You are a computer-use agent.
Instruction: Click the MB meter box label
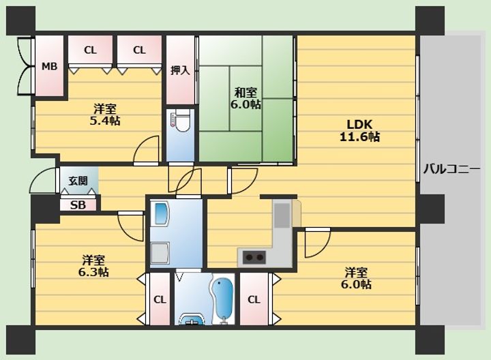50,66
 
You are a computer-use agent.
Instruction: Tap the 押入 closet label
180,70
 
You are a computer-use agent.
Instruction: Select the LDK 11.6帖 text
360,130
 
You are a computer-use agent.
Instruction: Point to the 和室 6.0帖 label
245,98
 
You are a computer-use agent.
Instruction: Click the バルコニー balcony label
451,169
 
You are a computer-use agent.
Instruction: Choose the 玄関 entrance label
78,181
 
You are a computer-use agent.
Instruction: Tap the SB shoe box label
78,205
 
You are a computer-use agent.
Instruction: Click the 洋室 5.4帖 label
105,115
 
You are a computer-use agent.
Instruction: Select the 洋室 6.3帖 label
93,266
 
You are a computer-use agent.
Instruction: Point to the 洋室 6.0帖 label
357,277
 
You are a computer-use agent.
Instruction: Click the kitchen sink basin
282,215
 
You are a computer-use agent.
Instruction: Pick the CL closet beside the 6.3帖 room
160,299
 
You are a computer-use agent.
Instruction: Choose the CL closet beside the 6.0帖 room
254,299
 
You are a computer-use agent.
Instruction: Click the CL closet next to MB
90,50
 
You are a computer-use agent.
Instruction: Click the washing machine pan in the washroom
160,252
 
